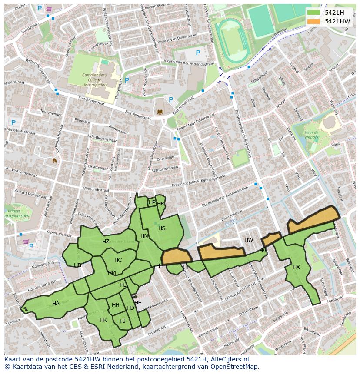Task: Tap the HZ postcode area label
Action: pyautogui.click(x=106, y=242)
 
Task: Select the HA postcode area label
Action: pyautogui.click(x=56, y=304)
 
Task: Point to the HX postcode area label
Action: pyautogui.click(x=296, y=267)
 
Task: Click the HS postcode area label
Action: pyautogui.click(x=162, y=228)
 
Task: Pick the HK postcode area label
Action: pyautogui.click(x=103, y=320)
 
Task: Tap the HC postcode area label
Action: pyautogui.click(x=118, y=260)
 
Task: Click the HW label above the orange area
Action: pyautogui.click(x=249, y=240)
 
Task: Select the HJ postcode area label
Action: pyautogui.click(x=122, y=321)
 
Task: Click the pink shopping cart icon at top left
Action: pyautogui.click(x=49, y=9)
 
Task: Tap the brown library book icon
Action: pyautogui.click(x=160, y=112)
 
